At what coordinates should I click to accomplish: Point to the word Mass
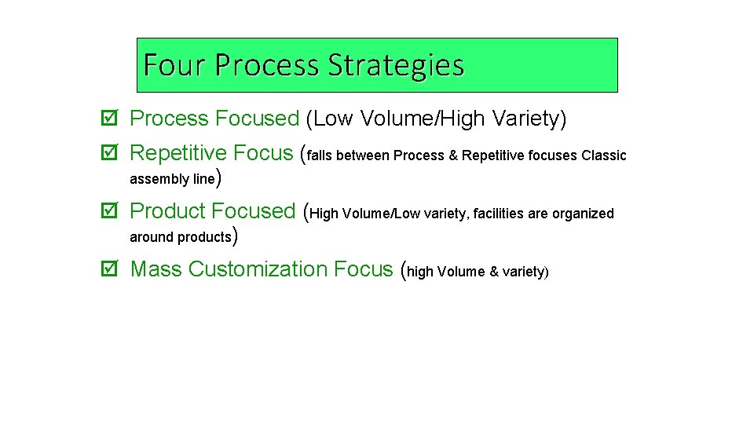(156, 269)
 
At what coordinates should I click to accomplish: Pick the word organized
(585, 214)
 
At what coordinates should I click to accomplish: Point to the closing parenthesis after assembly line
(218, 178)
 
